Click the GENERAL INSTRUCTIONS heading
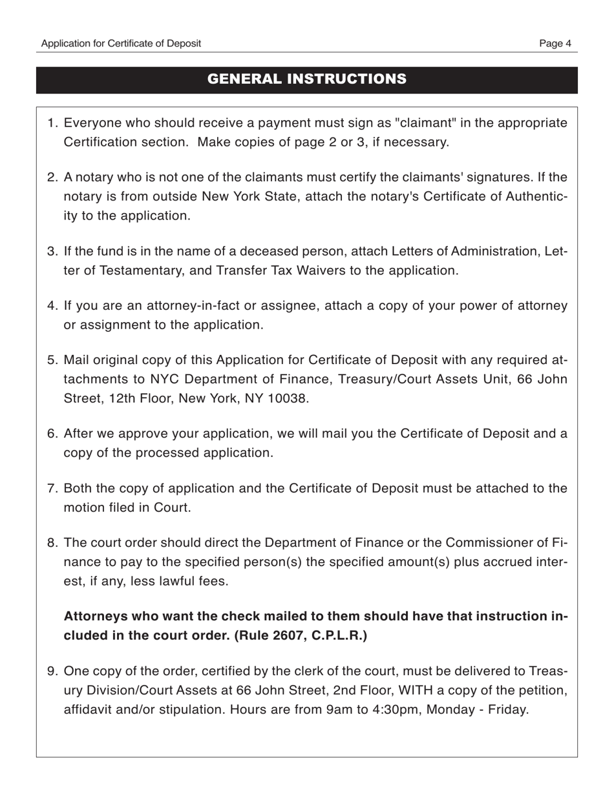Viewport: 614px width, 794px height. [306, 79]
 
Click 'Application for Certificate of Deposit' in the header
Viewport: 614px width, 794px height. [121, 43]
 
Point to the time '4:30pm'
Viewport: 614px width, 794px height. [397, 710]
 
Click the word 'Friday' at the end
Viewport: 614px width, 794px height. [506, 710]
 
